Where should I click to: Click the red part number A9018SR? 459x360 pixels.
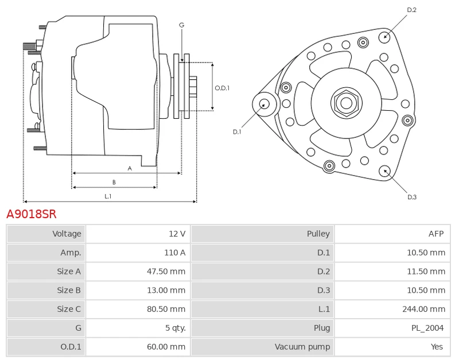click(x=32, y=214)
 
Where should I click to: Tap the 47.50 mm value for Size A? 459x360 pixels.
click(x=166, y=271)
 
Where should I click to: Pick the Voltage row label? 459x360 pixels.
click(x=67, y=234)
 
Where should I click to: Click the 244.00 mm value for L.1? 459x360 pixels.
click(x=423, y=309)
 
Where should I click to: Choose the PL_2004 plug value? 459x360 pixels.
click(x=427, y=328)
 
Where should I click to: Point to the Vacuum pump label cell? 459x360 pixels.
click(x=302, y=347)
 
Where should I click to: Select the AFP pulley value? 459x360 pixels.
click(x=436, y=234)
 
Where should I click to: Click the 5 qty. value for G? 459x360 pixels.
click(x=176, y=328)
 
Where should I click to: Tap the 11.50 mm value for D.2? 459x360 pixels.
click(x=426, y=271)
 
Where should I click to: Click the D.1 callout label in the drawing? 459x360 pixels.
click(x=237, y=132)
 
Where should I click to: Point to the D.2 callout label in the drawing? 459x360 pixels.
click(x=411, y=10)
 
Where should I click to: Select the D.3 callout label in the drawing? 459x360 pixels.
click(x=412, y=197)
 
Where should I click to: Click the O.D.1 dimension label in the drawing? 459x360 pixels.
click(x=222, y=88)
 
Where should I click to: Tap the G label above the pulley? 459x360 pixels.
click(x=181, y=25)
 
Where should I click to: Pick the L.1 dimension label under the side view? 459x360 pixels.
click(x=108, y=196)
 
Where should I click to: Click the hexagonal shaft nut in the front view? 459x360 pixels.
click(x=347, y=103)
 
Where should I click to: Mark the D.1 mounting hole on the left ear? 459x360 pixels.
click(x=264, y=104)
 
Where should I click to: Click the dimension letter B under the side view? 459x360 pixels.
click(x=114, y=182)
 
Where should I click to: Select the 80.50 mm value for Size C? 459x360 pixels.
click(x=166, y=309)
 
